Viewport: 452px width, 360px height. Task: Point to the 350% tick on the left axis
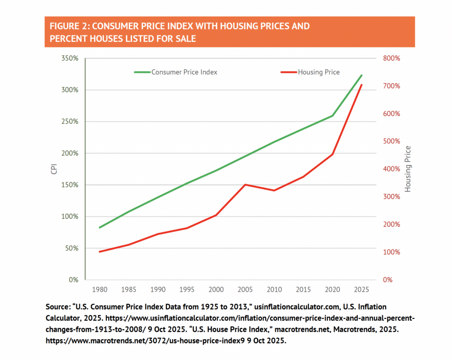(x=69, y=58)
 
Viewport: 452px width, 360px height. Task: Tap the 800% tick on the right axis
(x=391, y=58)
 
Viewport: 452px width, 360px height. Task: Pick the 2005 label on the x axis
(x=245, y=289)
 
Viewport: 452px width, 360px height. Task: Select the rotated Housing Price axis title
(x=408, y=169)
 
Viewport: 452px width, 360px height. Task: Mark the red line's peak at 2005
(x=245, y=185)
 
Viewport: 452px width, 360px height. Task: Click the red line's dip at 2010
(x=274, y=190)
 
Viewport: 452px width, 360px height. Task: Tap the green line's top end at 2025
(x=362, y=75)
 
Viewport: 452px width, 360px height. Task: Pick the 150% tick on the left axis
(x=69, y=185)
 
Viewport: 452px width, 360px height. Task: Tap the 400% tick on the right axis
(x=391, y=169)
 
